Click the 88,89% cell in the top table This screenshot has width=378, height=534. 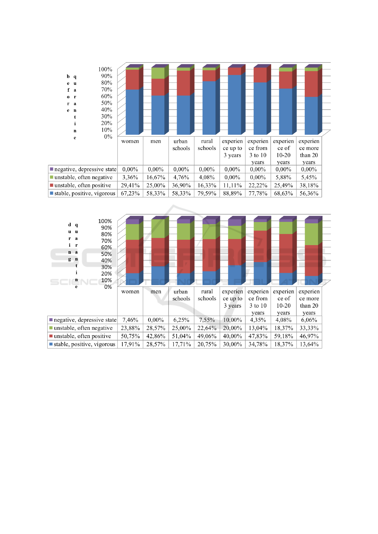click(x=232, y=193)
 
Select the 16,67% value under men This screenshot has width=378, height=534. click(x=156, y=178)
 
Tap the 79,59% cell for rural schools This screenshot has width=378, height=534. click(x=207, y=193)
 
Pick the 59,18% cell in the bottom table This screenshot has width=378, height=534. click(x=283, y=336)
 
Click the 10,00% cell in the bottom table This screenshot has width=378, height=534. click(x=232, y=320)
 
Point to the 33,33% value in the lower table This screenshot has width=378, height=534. click(x=309, y=328)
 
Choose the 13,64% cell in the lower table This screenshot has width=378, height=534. click(x=309, y=344)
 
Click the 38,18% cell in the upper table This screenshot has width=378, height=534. click(x=309, y=186)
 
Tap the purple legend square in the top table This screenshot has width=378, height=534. click(x=51, y=169)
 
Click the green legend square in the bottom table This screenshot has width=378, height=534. click(x=51, y=328)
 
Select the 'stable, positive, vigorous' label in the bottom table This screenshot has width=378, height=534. click(x=84, y=344)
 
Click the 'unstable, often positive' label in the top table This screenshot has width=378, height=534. click(x=83, y=186)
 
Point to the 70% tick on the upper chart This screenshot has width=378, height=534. click(x=107, y=89)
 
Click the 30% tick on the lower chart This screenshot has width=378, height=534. click(x=107, y=267)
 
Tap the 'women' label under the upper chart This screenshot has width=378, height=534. click(x=130, y=141)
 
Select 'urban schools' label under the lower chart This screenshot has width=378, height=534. click(x=181, y=295)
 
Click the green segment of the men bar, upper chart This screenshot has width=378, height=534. click(x=158, y=73)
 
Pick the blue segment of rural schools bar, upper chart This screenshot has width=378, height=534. click(x=209, y=108)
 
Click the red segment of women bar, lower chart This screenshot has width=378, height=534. click(x=132, y=256)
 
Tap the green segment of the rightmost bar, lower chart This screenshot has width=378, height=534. click(x=311, y=234)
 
